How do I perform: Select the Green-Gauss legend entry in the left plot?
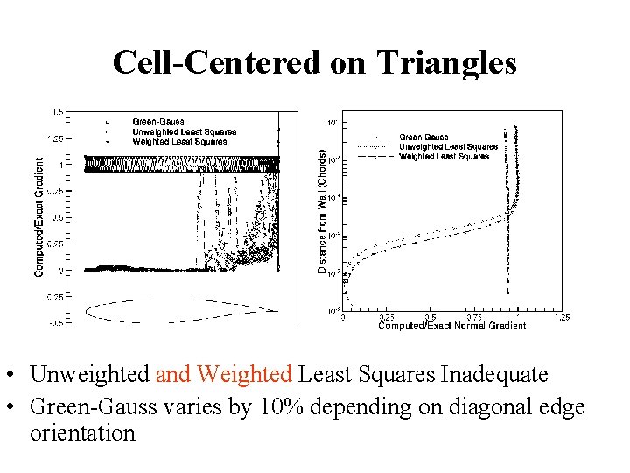click(157, 122)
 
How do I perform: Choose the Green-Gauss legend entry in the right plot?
click(425, 138)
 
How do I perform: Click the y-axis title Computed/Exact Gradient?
click(39, 217)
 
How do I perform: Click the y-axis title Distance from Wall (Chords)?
click(322, 211)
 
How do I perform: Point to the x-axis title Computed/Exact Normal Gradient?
click(451, 326)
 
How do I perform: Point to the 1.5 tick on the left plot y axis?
click(57, 112)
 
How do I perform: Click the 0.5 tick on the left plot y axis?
click(56, 216)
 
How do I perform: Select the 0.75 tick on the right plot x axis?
click(473, 318)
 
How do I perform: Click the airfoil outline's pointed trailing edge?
click(277, 310)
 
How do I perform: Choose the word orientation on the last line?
click(82, 433)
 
